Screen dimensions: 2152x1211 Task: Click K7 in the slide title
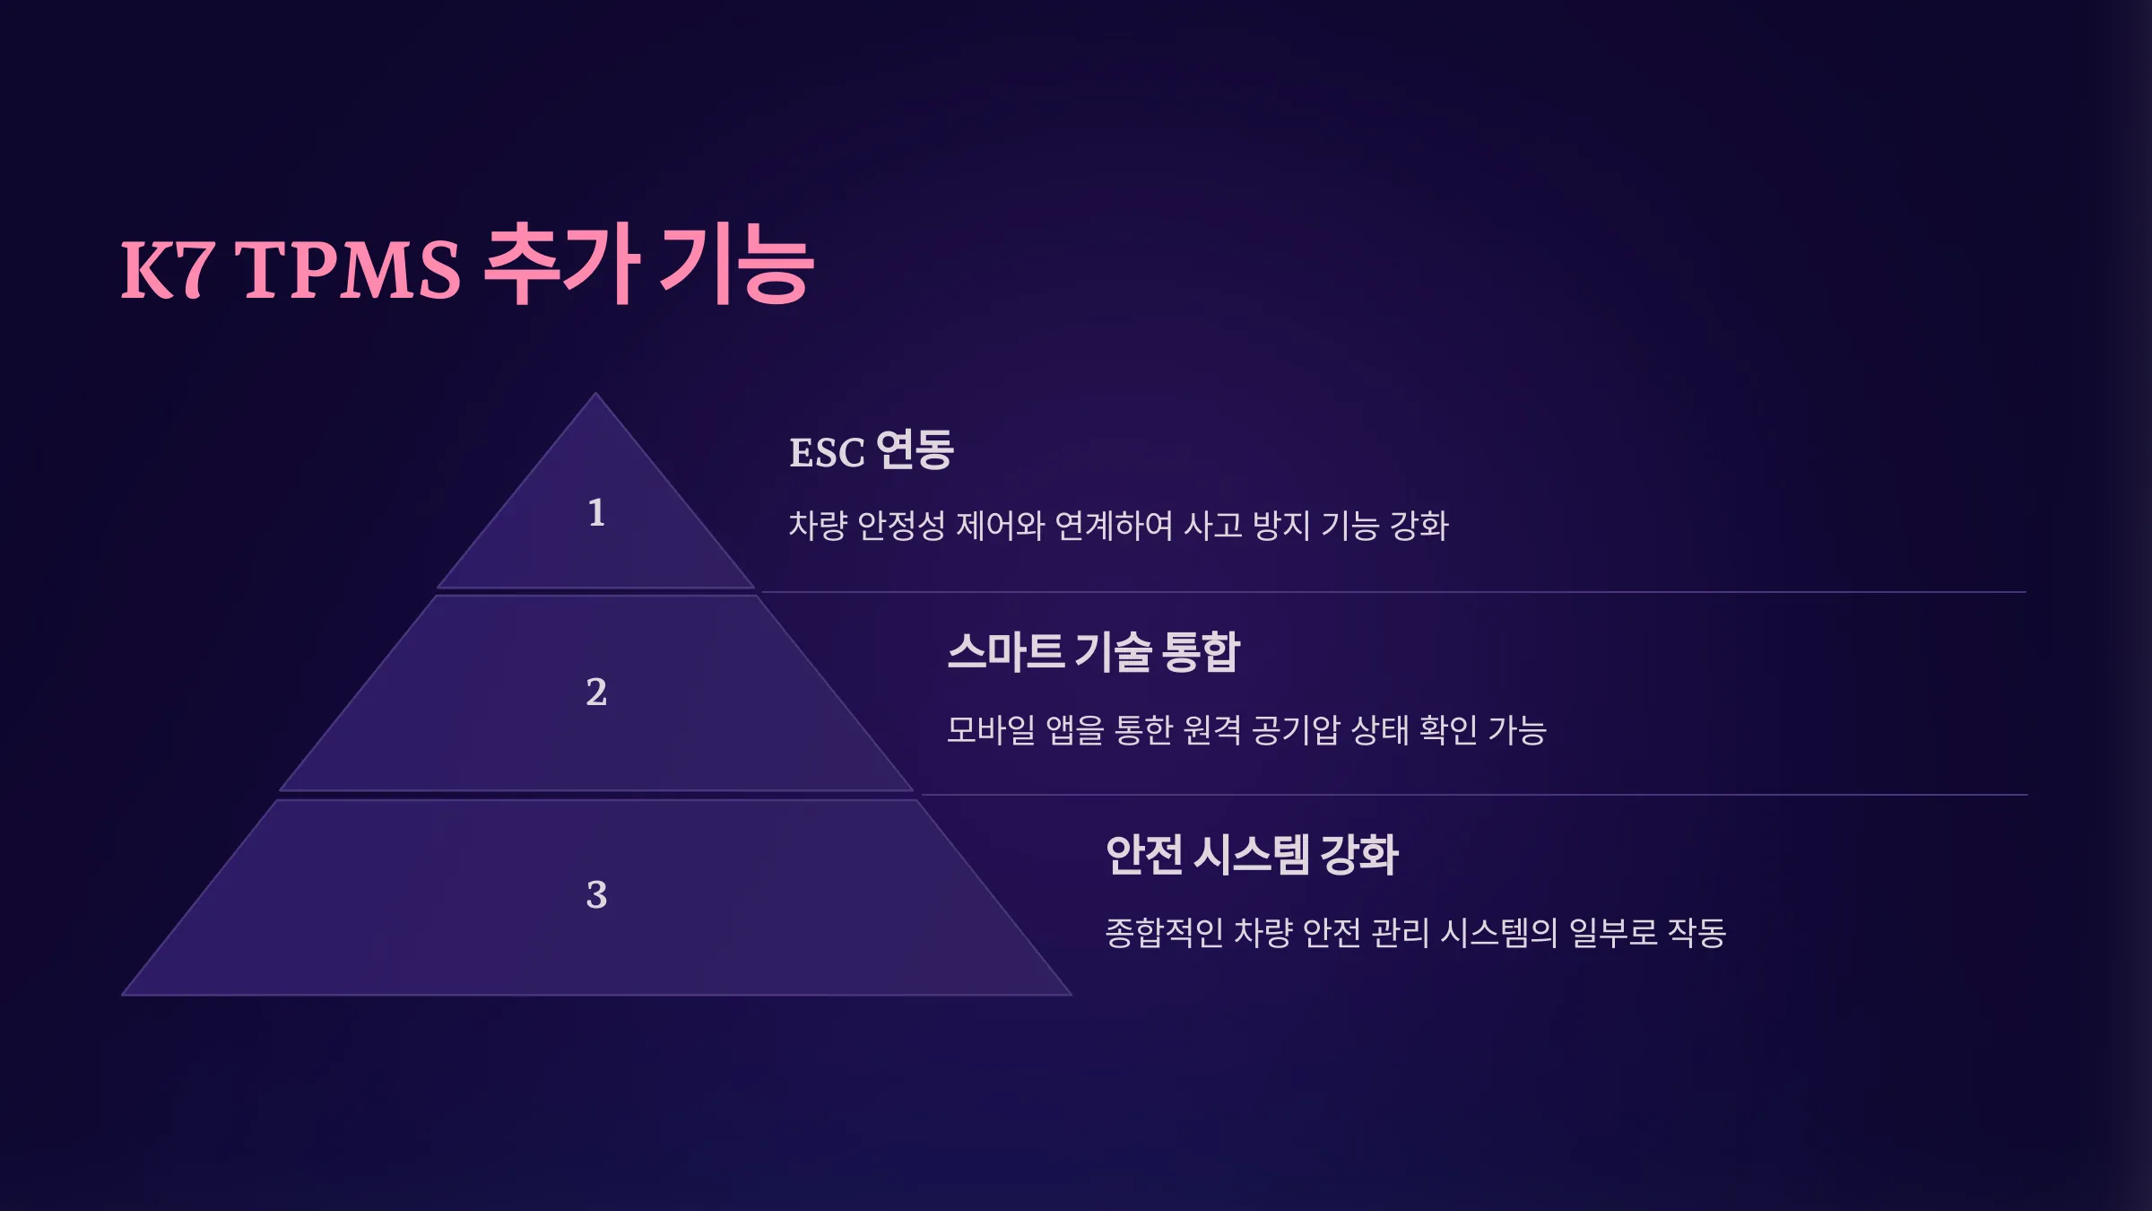(168, 268)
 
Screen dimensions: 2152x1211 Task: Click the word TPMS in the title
(347, 268)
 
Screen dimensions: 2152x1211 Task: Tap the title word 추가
(562, 264)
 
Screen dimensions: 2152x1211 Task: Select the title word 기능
(736, 264)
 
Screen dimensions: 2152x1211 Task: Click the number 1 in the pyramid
(596, 512)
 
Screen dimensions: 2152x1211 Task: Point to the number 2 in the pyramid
(596, 692)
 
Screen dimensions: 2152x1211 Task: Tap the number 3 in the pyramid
(596, 894)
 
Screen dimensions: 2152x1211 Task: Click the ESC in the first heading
(827, 452)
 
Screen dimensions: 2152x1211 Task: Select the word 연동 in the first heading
(915, 449)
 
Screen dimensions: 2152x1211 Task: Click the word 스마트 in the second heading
(1006, 651)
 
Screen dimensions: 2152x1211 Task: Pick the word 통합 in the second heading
(1201, 651)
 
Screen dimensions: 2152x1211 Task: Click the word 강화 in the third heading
(1360, 854)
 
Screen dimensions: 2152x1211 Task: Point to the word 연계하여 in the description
(1114, 526)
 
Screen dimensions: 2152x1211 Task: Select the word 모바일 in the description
(991, 729)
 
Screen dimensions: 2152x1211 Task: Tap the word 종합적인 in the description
(1164, 933)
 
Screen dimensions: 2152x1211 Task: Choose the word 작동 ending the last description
(1696, 933)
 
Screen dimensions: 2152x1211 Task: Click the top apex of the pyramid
(595, 394)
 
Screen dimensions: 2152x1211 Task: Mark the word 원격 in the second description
(1212, 729)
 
